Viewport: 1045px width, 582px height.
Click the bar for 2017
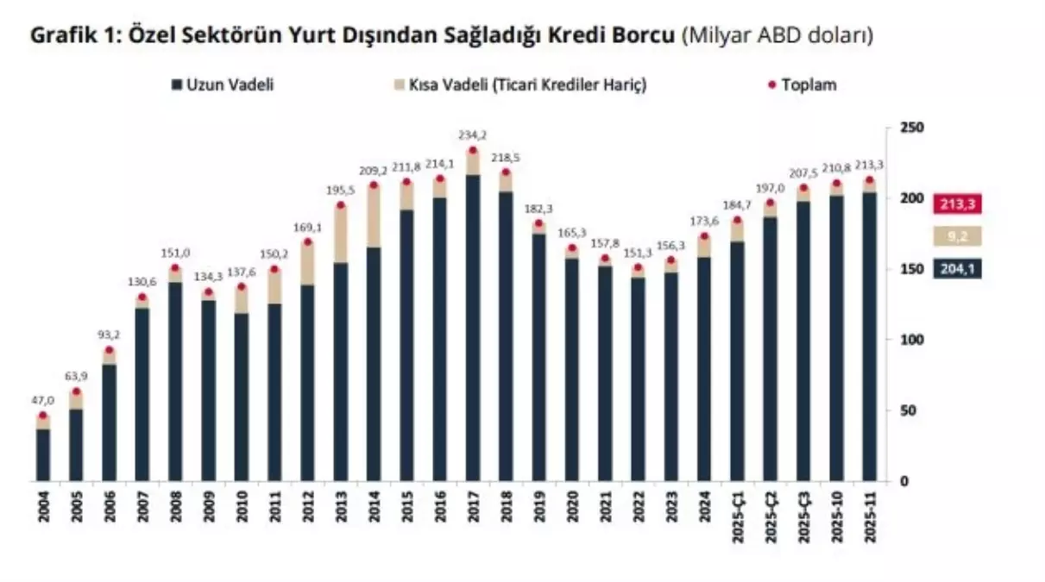coord(473,328)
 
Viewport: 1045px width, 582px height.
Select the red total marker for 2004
coord(43,416)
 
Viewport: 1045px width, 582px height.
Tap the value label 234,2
coord(473,135)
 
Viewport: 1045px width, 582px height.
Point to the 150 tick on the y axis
coord(903,269)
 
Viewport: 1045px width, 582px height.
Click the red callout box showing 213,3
coord(957,204)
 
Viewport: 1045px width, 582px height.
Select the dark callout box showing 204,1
coord(957,269)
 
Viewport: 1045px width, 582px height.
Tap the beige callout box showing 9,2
coord(957,235)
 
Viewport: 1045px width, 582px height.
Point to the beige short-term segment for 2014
coord(374,216)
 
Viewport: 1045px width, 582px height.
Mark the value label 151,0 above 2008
coord(175,253)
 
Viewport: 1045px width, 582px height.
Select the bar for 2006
coord(110,422)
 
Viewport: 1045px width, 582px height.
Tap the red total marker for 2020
coord(572,248)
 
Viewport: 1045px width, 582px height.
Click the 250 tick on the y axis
coord(903,128)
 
